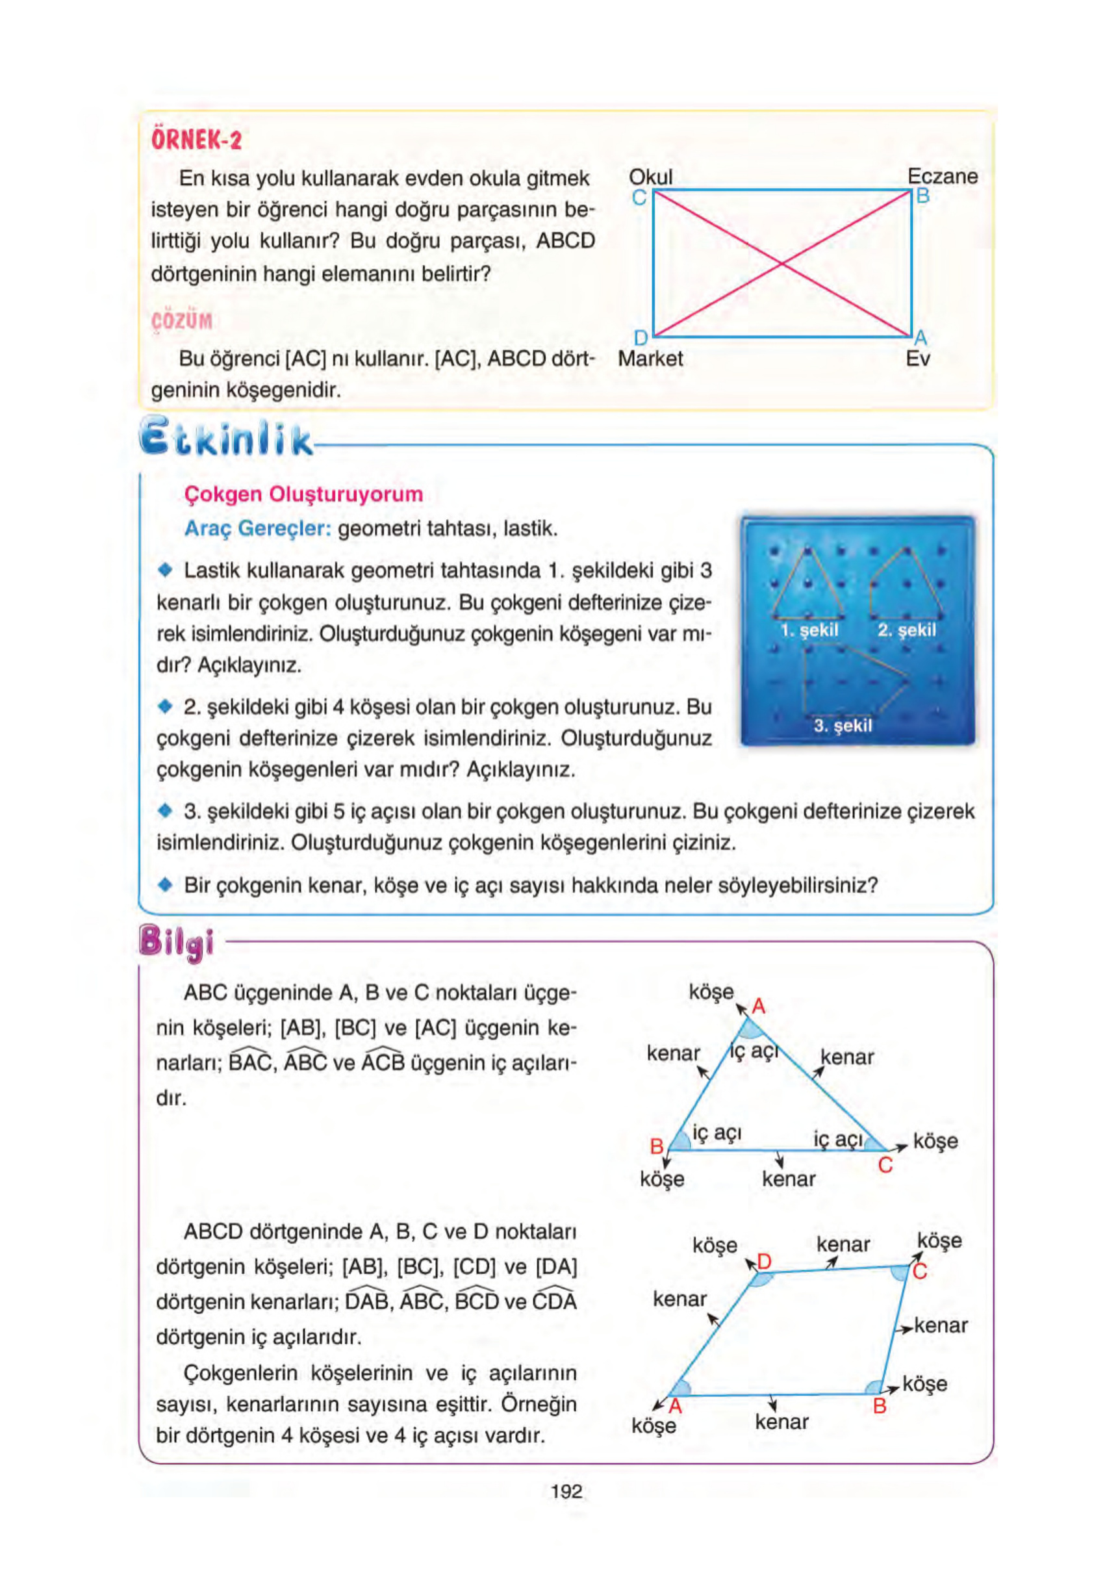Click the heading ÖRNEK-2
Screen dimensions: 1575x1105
click(x=196, y=140)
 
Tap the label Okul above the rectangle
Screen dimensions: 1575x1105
click(x=650, y=177)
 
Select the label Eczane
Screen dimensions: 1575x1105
click(x=942, y=176)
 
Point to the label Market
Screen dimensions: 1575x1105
click(x=650, y=359)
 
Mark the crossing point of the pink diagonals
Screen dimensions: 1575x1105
click(x=781, y=263)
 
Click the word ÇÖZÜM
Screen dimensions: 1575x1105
click(x=182, y=321)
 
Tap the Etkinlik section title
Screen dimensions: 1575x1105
click(x=225, y=438)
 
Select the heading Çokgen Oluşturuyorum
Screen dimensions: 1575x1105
click(x=303, y=494)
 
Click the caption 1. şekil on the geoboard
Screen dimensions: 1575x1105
click(x=809, y=630)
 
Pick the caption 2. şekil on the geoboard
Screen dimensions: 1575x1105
click(x=906, y=630)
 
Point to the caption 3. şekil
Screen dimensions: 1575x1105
click(x=843, y=725)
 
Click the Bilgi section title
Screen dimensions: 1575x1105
click(x=177, y=943)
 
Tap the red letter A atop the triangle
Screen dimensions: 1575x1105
click(x=758, y=1006)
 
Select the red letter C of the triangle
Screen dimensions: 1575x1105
click(x=885, y=1165)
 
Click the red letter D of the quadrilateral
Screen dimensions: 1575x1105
click(x=764, y=1262)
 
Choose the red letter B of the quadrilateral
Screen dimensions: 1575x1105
click(x=880, y=1406)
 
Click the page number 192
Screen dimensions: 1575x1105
click(x=566, y=1491)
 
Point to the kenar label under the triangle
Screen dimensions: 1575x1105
click(x=788, y=1179)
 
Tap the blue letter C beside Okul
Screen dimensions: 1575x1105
click(x=639, y=198)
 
